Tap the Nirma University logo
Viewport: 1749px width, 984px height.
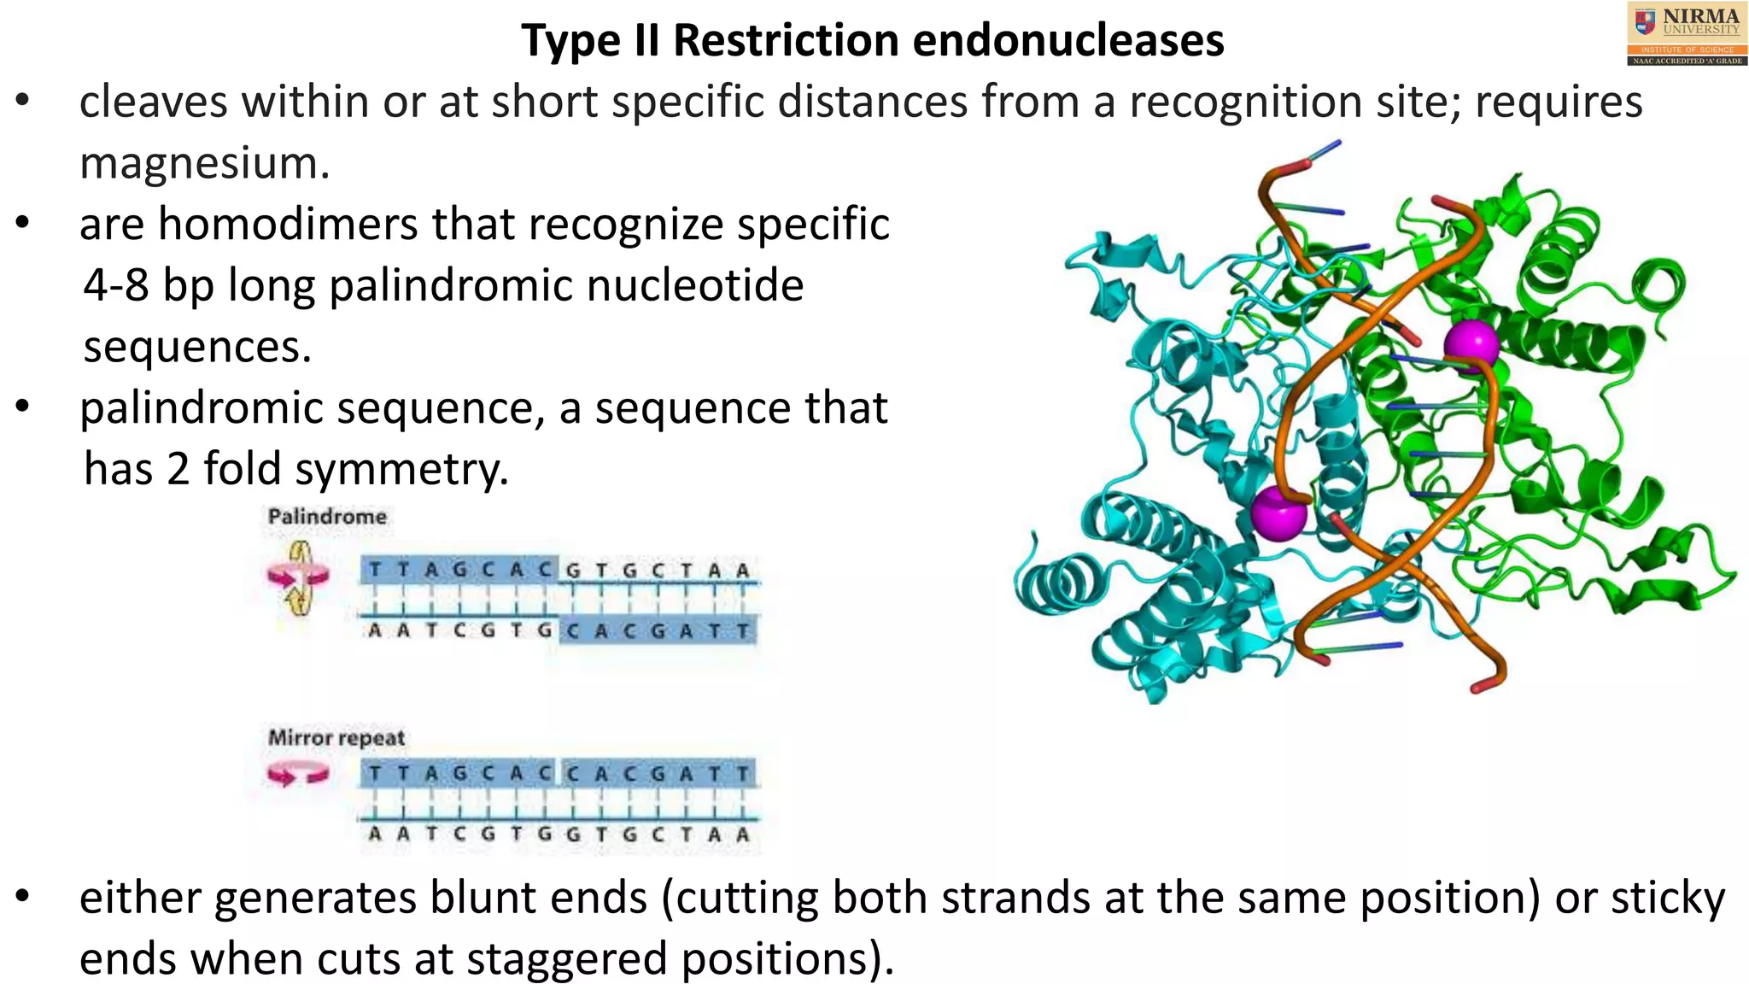pos(1686,34)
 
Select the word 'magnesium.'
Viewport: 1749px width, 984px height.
pos(204,163)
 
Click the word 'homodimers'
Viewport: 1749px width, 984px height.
pos(288,224)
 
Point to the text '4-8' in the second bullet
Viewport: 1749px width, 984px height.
pos(116,285)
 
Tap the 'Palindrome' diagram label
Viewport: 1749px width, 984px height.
pos(327,517)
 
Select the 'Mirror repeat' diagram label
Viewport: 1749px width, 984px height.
pos(336,738)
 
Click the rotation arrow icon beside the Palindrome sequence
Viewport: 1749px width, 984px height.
pos(298,578)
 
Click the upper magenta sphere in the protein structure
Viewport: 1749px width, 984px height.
pos(1471,343)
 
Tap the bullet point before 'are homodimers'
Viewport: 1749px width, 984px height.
pos(23,224)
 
